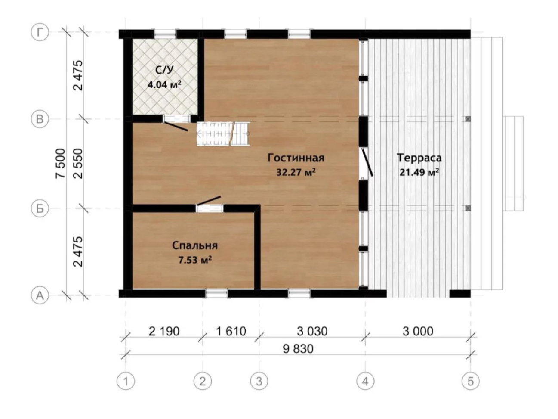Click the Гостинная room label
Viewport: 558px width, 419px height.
(296, 158)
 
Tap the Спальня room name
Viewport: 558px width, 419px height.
(195, 246)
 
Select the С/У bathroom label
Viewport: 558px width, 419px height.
(164, 69)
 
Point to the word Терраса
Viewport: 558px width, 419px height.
(419, 158)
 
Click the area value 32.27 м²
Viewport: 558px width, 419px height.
(296, 172)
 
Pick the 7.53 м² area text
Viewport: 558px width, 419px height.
(195, 260)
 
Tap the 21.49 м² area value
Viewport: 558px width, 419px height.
(419, 172)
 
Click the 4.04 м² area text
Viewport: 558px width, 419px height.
(164, 84)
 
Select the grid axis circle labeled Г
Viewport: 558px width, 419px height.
(40, 32)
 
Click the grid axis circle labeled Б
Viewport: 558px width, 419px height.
(40, 208)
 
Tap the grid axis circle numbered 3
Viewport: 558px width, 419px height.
(259, 381)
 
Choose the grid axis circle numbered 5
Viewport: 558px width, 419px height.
(470, 381)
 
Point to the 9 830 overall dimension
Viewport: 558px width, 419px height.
(298, 349)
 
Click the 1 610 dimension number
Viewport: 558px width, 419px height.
(231, 331)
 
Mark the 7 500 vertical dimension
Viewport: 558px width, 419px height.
(61, 164)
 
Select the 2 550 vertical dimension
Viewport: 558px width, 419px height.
(78, 164)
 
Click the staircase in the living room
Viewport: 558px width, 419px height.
(223, 133)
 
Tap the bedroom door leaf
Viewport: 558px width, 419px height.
(209, 201)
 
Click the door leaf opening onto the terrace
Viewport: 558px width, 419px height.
(367, 163)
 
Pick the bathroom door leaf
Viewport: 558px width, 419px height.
(176, 127)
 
